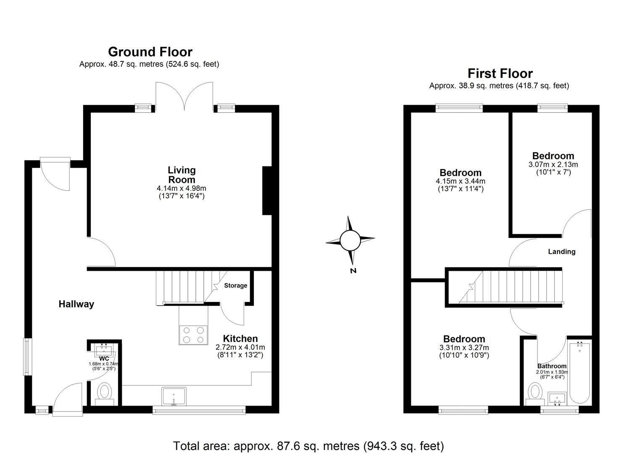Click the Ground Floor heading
click(150, 52)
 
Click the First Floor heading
click(500, 74)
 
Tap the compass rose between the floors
click(350, 241)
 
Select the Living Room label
click(182, 175)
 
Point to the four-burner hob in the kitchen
click(193, 335)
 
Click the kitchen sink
click(174, 396)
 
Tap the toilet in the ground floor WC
click(104, 392)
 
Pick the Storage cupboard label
click(235, 285)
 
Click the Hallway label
click(76, 304)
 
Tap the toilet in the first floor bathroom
click(535, 392)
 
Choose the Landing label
click(561, 251)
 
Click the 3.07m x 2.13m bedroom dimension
click(553, 164)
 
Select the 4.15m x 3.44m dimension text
click(461, 181)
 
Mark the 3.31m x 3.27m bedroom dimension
click(464, 348)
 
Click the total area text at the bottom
click(308, 446)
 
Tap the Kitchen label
click(240, 338)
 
